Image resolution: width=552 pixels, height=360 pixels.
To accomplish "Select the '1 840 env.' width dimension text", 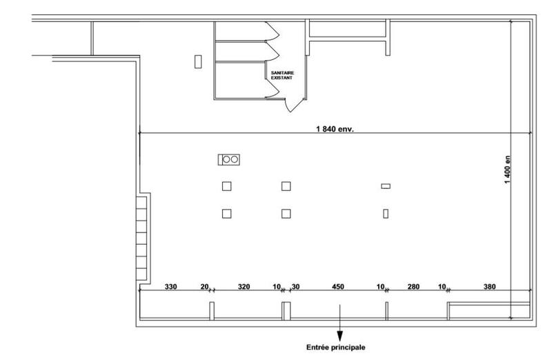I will [x=335, y=129].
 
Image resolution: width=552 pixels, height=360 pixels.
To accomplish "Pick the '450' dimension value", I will [x=338, y=286].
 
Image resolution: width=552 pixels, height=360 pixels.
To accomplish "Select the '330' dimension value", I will [x=171, y=286].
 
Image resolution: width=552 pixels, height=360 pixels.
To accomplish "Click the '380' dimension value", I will [x=489, y=286].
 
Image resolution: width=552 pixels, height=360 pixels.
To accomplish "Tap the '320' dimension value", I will [x=244, y=286].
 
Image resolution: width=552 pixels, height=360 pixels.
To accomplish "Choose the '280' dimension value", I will [x=413, y=286].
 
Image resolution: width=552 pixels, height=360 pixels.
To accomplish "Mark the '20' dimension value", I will [x=204, y=286].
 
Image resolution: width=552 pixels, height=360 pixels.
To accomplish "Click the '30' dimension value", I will [x=295, y=286].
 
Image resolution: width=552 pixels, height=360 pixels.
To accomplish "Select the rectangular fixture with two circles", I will [x=229, y=159].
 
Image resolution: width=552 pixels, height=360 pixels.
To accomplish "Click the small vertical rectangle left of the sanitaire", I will [x=198, y=61].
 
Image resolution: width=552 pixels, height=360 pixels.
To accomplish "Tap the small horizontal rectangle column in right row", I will [x=386, y=186].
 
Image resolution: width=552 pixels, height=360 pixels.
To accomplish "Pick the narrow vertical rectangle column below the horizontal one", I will [x=386, y=214].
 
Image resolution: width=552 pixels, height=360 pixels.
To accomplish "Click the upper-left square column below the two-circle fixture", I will [x=226, y=186].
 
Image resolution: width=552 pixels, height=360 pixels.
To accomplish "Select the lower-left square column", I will [x=226, y=214].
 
